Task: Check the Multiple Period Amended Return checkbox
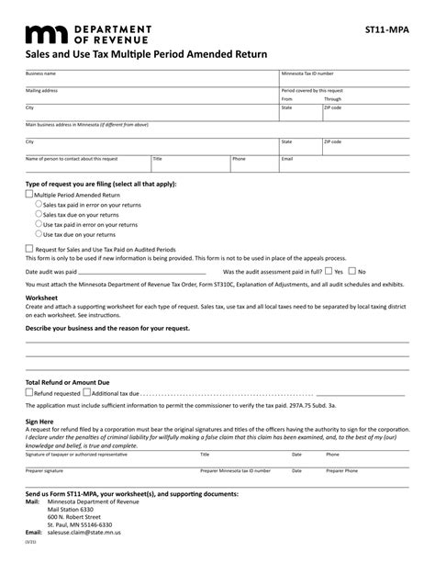pyautogui.click(x=29, y=195)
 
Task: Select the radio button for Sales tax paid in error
pyautogui.click(x=38, y=205)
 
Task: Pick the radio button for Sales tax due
pyautogui.click(x=38, y=214)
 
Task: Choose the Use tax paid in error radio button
pyautogui.click(x=38, y=223)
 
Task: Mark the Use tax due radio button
pyautogui.click(x=38, y=232)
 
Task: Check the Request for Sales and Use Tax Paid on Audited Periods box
pyautogui.click(x=29, y=248)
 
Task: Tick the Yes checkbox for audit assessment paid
pyautogui.click(x=328, y=271)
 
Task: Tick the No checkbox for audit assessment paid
pyautogui.click(x=351, y=271)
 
